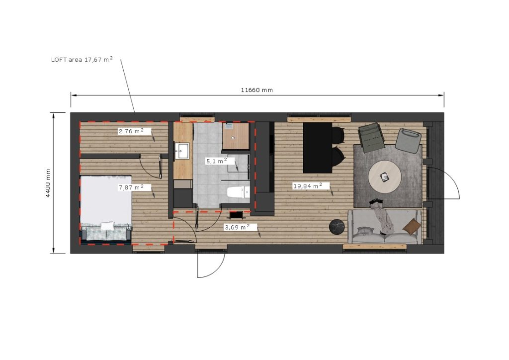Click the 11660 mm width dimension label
click(257, 90)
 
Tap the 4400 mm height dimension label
click(48, 183)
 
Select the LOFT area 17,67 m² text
click(82, 59)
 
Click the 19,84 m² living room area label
click(308, 186)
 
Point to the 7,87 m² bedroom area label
click(131, 187)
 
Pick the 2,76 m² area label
click(131, 131)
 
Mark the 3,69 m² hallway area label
click(237, 227)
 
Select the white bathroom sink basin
click(182, 151)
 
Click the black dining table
click(318, 148)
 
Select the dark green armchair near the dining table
click(371, 138)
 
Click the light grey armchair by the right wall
click(409, 140)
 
